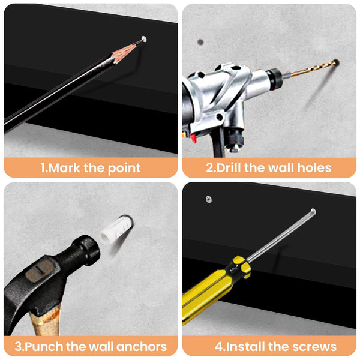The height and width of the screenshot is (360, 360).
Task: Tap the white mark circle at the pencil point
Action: (144, 39)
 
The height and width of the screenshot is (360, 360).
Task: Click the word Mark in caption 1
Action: (64, 168)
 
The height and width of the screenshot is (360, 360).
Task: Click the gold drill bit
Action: (310, 68)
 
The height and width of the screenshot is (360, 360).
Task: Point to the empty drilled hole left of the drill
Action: (200, 42)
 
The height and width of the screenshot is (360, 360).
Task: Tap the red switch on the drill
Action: (193, 138)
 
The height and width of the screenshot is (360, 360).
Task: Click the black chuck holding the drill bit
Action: (274, 79)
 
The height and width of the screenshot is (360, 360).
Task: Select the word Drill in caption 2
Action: (229, 167)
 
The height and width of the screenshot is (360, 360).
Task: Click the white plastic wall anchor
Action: (116, 230)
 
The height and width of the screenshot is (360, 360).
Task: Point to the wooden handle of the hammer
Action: (45, 322)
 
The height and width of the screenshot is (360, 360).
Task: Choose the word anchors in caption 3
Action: (141, 346)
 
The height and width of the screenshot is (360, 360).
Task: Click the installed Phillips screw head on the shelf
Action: (209, 199)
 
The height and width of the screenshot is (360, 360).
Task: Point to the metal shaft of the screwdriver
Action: (281, 236)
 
